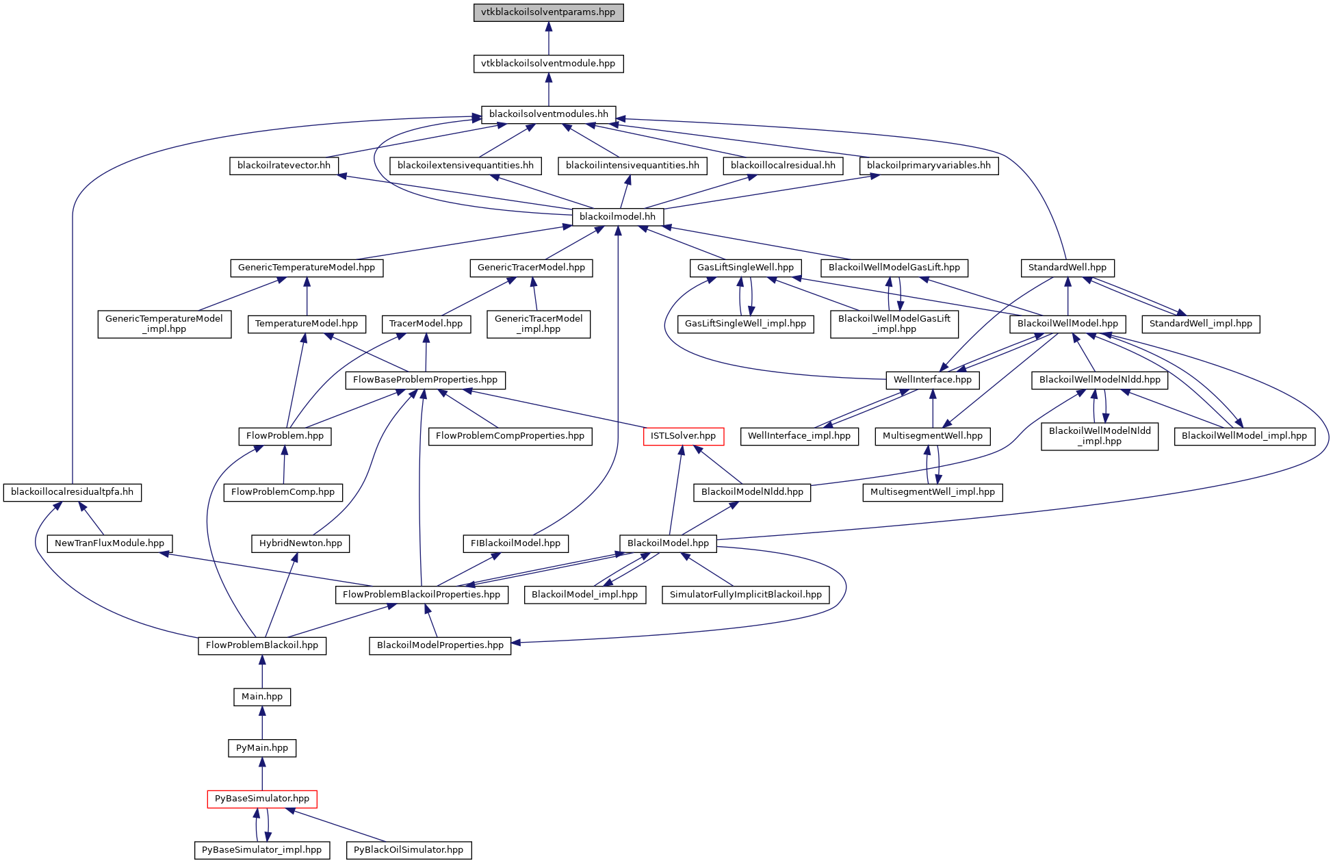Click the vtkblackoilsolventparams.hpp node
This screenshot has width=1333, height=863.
tap(548, 12)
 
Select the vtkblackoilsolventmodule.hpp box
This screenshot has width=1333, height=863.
tap(548, 64)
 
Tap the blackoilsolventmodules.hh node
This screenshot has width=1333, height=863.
tap(548, 114)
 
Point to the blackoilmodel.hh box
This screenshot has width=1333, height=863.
tap(617, 217)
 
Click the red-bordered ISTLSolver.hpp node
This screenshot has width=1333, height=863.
tap(683, 436)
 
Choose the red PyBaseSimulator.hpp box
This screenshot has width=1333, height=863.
tap(262, 799)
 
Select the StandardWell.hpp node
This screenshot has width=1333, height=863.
tap(1067, 268)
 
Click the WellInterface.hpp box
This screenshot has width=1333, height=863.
tap(932, 380)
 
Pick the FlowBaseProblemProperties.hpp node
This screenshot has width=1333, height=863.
tap(425, 380)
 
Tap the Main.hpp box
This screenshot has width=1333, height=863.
tap(262, 697)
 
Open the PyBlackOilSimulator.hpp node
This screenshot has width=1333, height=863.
tap(409, 850)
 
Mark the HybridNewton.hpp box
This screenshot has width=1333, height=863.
tap(300, 543)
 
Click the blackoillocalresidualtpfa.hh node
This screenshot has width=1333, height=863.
tap(72, 492)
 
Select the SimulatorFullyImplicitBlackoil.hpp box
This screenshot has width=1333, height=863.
tap(745, 595)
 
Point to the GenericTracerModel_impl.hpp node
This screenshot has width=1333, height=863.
tap(539, 324)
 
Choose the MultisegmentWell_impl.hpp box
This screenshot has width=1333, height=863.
tap(932, 492)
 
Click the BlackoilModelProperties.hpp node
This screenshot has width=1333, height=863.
tap(440, 645)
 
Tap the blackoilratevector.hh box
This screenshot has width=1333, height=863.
tap(283, 166)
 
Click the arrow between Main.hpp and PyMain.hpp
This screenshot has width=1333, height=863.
tap(262, 722)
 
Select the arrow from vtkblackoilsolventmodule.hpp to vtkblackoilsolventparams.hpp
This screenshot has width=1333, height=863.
tap(548, 38)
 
